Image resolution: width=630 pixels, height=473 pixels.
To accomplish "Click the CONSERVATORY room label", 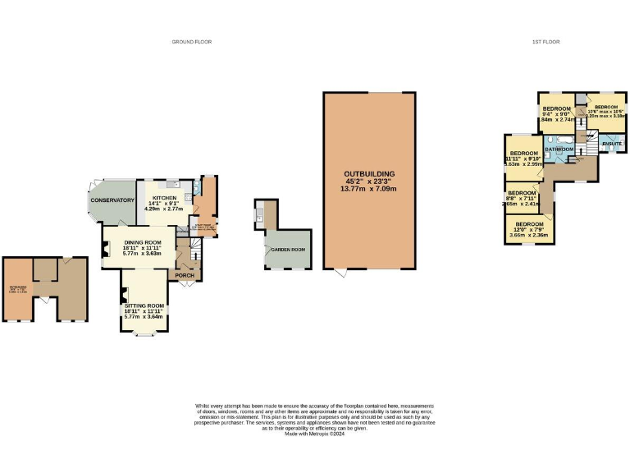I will pos(112,200).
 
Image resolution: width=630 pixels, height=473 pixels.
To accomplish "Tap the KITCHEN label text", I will pos(162,200).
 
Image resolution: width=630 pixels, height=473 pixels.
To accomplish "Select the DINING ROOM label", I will pos(137,242).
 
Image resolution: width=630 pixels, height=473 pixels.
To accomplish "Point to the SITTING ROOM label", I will pos(144,305).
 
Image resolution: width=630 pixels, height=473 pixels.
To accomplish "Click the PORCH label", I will pos(185,274).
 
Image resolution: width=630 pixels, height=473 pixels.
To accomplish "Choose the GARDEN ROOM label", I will pos(290,250).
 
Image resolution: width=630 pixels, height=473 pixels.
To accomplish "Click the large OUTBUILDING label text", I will pos(369,174).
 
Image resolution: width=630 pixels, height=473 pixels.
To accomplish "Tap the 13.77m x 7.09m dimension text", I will pos(369,189).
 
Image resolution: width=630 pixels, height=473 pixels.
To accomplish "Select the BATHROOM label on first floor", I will pos(559,149).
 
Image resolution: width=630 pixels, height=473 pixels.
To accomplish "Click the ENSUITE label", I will pos(612,144).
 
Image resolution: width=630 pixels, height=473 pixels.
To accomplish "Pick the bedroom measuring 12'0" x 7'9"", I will pos(529,224).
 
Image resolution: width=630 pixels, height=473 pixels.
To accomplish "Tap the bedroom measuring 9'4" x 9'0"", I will pos(556,109).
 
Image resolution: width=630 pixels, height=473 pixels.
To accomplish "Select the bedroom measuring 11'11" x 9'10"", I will pos(523,154).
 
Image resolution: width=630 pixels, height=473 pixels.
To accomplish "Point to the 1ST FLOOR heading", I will pos(545,41).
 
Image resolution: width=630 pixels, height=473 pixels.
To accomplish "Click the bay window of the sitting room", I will pos(144,333).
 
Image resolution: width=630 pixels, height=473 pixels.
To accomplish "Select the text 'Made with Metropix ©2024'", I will pos(314,434).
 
